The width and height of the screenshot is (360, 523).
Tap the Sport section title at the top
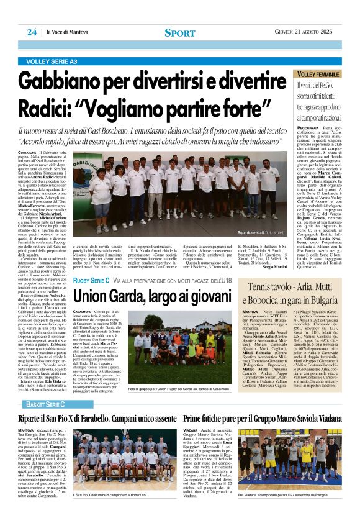[x=180, y=32]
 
